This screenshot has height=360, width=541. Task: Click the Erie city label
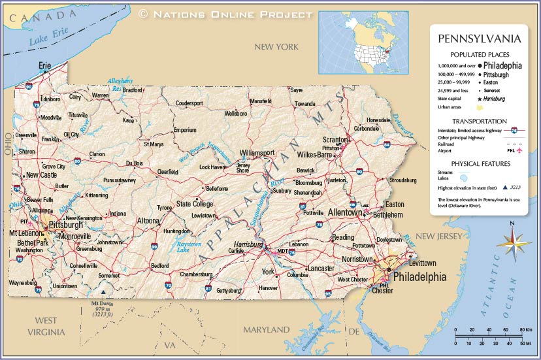[x=44, y=65]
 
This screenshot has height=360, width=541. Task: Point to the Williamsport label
[x=257, y=152]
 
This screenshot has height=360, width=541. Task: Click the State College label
[x=195, y=204]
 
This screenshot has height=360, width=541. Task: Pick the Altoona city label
[x=147, y=221]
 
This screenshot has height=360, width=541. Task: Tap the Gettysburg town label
[x=229, y=290]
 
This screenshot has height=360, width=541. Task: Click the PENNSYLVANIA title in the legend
[x=479, y=39]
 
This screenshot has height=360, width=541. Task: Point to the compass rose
[x=513, y=242]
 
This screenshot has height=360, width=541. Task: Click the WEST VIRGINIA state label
[x=45, y=326]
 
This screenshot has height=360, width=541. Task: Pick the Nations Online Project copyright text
[x=225, y=14]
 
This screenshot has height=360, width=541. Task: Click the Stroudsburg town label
[x=402, y=180]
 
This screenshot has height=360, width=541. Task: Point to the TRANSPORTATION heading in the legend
[x=479, y=121]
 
